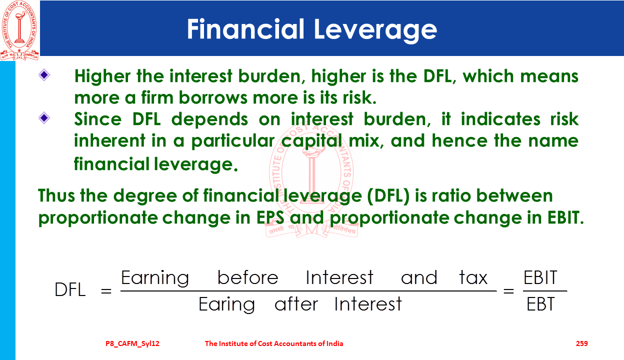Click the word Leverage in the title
375,30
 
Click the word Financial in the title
245,28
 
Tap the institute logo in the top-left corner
19,30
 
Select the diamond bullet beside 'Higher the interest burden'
44,74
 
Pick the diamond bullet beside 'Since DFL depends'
44,118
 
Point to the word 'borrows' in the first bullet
212,97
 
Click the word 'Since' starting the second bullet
98,119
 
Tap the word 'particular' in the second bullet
232,141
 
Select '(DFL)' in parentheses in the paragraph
388,196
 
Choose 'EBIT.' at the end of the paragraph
565,217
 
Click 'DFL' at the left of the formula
70,289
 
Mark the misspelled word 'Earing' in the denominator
226,305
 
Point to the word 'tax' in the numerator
473,277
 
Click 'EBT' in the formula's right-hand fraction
540,304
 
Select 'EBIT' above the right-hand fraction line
540,277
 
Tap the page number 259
581,343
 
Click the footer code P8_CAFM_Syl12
132,343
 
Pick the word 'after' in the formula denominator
296,303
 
